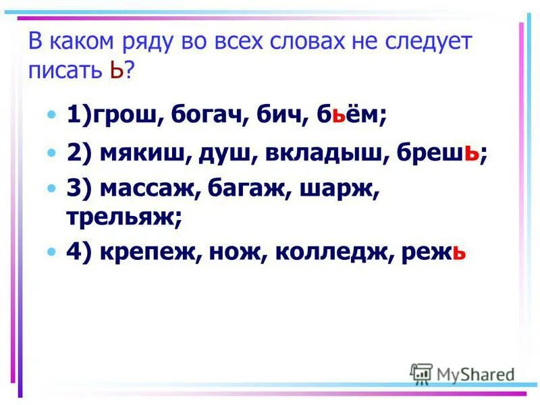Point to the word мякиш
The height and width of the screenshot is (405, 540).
click(140, 154)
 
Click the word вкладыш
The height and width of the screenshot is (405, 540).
click(320, 154)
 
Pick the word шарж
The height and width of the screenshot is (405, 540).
click(344, 190)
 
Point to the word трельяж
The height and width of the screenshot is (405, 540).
click(120, 217)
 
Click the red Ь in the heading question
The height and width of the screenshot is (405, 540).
click(115, 70)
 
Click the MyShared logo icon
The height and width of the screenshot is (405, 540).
click(421, 373)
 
